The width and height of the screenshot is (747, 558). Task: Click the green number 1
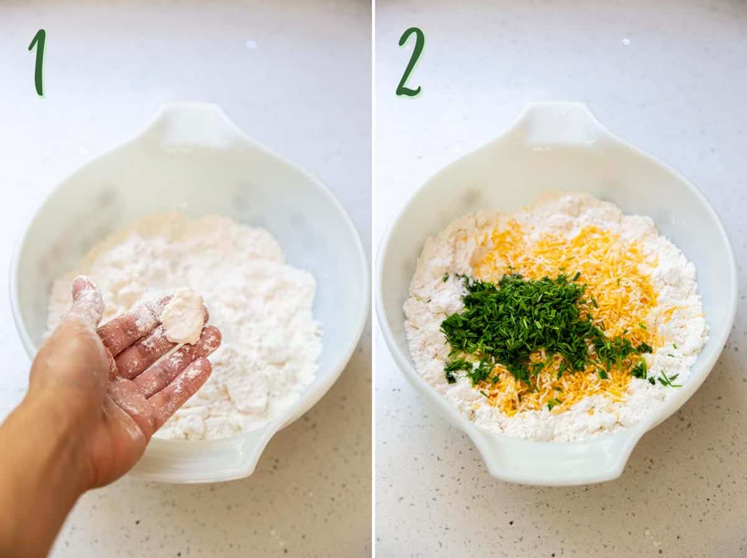pos(39,62)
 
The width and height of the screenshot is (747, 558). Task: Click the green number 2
pos(411,62)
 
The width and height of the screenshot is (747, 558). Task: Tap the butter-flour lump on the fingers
pos(183,316)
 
